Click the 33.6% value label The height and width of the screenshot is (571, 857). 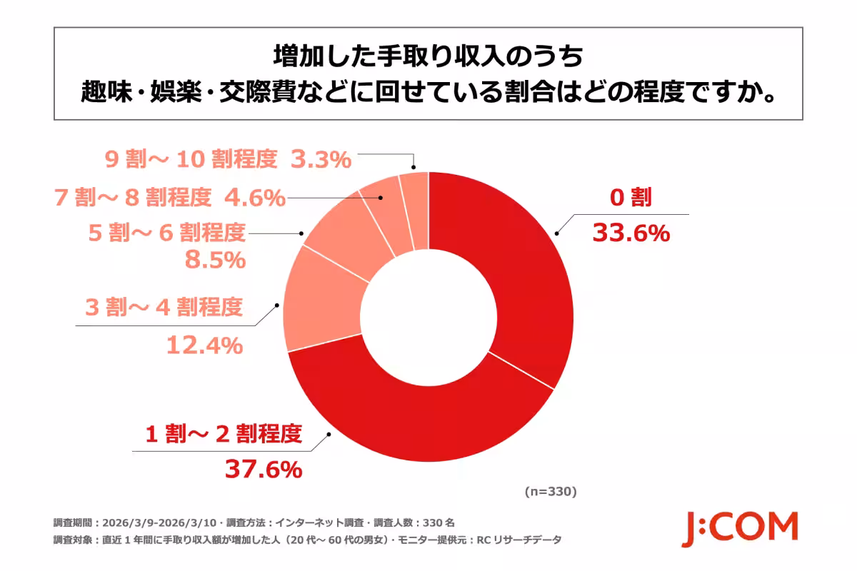pyautogui.click(x=631, y=233)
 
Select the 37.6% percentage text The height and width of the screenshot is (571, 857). pyautogui.click(x=264, y=469)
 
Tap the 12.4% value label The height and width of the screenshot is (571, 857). pyautogui.click(x=204, y=346)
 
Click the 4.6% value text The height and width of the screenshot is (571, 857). pyautogui.click(x=253, y=197)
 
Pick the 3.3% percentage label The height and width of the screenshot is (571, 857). pyautogui.click(x=321, y=160)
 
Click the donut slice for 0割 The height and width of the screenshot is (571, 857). pyautogui.click(x=521, y=271)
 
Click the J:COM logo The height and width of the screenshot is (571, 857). pyautogui.click(x=738, y=528)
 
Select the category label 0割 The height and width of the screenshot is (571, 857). pyautogui.click(x=631, y=198)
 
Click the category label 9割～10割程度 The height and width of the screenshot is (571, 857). pyautogui.click(x=191, y=159)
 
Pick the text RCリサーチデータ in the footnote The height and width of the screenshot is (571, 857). pyautogui.click(x=518, y=540)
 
